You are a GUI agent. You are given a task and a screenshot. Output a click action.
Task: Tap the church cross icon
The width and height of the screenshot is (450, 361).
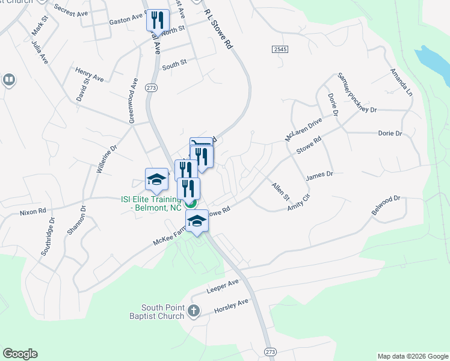[x=193, y=310]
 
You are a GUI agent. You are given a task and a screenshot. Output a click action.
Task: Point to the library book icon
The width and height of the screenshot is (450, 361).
[x=9, y=79]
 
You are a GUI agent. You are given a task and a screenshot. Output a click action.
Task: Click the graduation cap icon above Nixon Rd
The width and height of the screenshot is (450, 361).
[x=156, y=179]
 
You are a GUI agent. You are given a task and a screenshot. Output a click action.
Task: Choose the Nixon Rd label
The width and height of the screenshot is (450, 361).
[x=32, y=212]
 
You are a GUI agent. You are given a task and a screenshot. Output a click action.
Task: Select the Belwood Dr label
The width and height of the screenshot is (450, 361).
[x=386, y=206]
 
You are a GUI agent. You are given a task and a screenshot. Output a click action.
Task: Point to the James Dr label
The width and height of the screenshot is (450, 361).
[x=319, y=176]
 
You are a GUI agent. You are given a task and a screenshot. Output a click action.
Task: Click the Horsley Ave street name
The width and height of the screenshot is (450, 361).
[x=231, y=307]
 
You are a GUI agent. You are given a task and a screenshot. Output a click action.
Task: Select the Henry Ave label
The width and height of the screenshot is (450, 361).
[x=90, y=74]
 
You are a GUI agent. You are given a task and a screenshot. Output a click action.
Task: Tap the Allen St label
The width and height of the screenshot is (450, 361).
[x=280, y=192]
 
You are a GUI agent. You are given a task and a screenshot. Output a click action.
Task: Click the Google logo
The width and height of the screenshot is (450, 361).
[x=20, y=354]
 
